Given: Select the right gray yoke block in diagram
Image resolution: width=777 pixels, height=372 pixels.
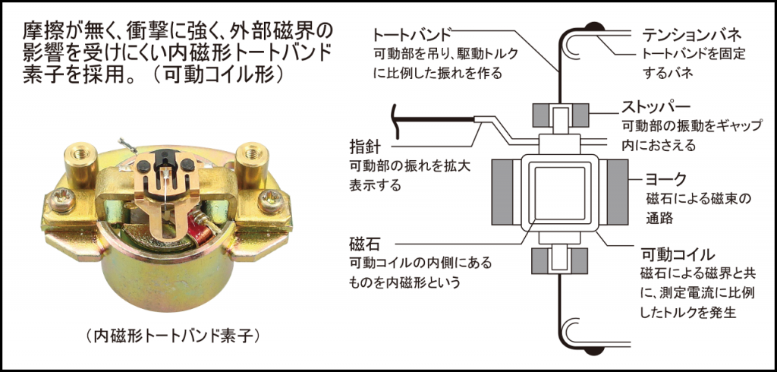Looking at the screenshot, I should click(616, 193).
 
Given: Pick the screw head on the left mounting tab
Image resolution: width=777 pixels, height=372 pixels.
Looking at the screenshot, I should click(58, 203).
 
